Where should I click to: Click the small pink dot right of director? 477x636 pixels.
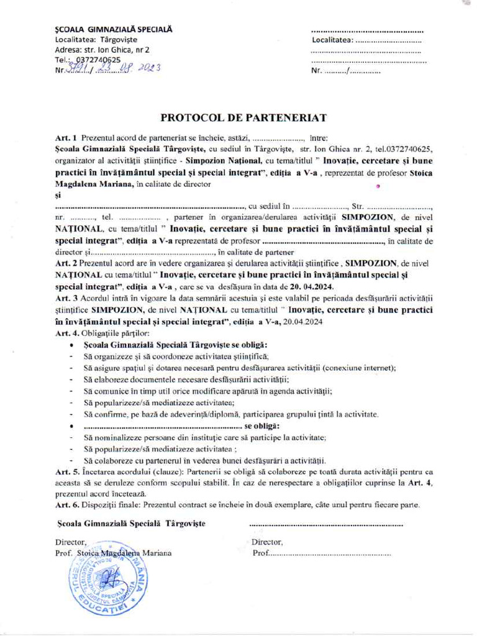coord(377,185)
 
